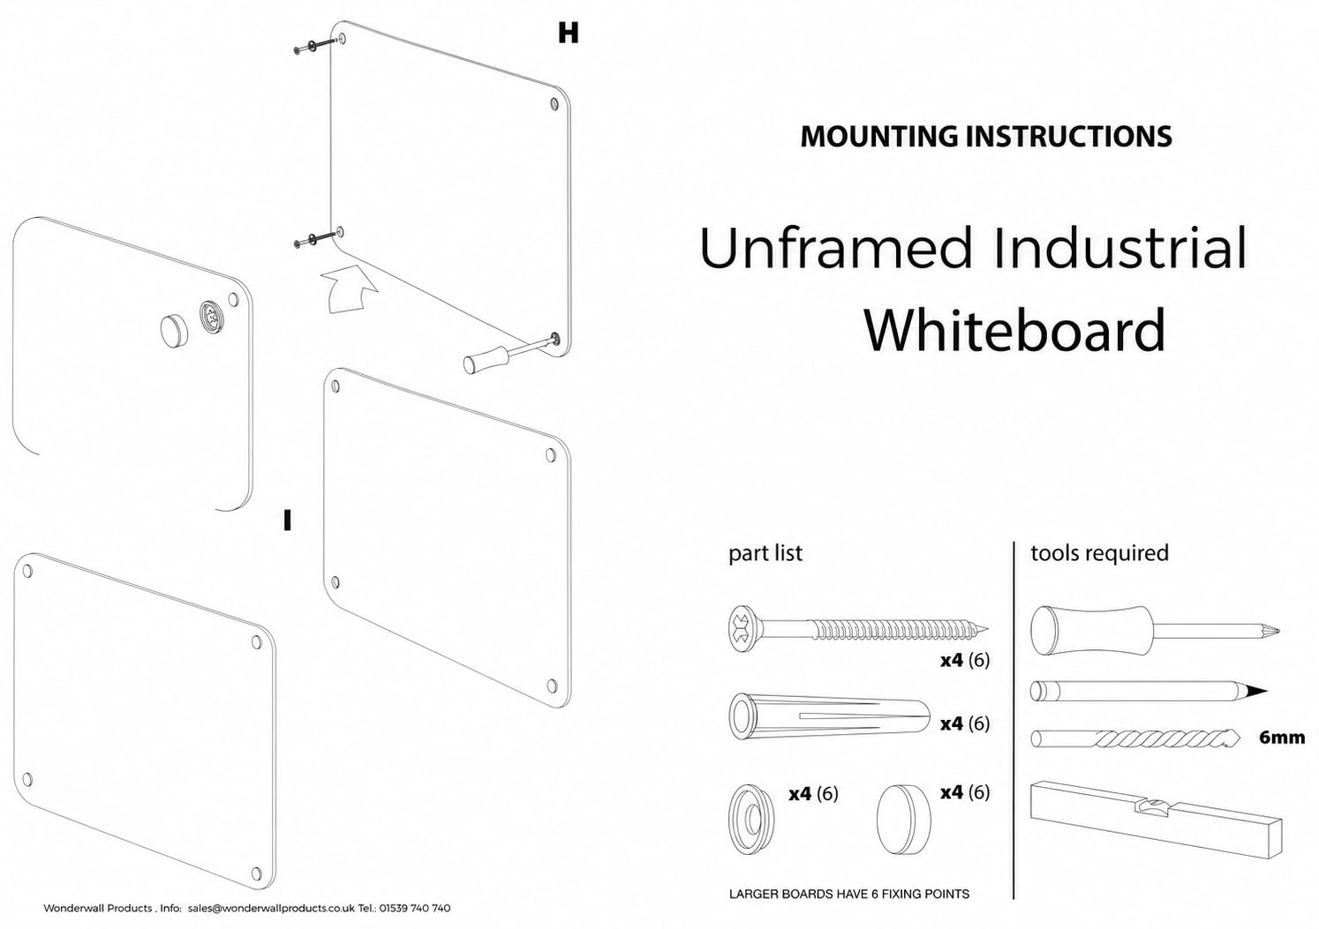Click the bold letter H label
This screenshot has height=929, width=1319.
tap(569, 33)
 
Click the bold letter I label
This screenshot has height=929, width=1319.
tap(287, 521)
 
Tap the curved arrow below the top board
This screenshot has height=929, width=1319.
tap(348, 288)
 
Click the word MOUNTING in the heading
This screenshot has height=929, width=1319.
tap(878, 137)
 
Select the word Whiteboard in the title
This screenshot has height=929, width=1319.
tap(1014, 330)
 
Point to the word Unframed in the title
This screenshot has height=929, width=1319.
tap(835, 247)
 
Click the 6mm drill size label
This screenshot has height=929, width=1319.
tap(1282, 738)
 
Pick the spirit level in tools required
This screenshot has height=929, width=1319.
tap(1156, 820)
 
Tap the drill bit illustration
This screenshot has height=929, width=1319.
tap(1136, 738)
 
